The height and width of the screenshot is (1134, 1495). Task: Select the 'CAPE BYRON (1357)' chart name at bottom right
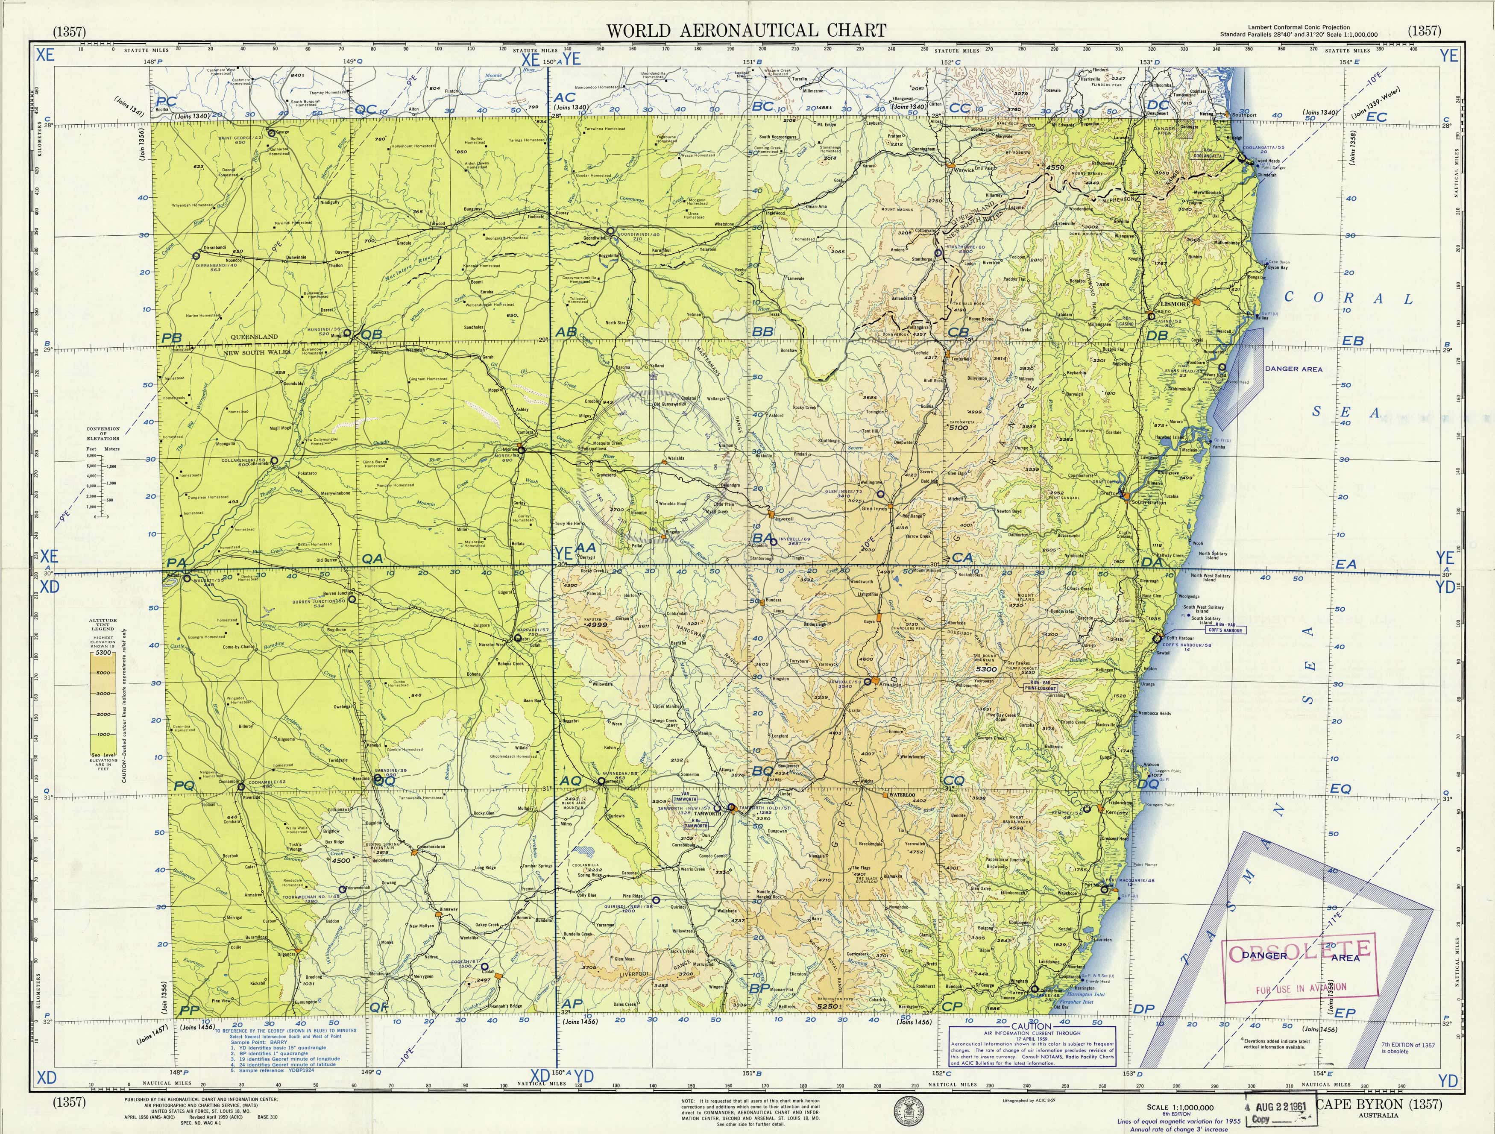tap(1379, 1104)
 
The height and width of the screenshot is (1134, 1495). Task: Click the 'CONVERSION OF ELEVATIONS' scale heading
tap(103, 433)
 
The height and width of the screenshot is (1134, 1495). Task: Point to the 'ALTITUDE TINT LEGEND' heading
tap(103, 624)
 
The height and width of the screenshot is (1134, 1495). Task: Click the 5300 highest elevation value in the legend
tap(103, 653)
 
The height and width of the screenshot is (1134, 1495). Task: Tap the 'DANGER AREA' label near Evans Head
tap(1293, 369)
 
